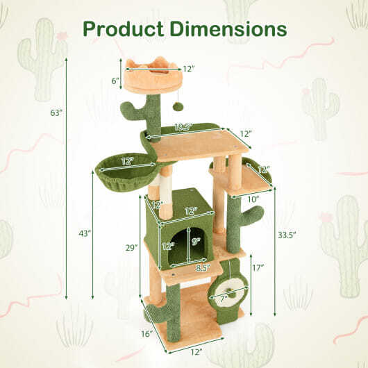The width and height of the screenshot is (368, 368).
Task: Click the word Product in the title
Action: (123, 29)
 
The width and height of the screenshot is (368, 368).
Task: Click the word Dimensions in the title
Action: (228, 28)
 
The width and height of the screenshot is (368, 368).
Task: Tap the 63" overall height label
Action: (56, 113)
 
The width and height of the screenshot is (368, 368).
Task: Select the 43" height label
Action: (85, 233)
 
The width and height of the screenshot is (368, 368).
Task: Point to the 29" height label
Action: (131, 248)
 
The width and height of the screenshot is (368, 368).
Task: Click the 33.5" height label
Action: (287, 235)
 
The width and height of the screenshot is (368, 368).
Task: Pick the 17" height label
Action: (258, 267)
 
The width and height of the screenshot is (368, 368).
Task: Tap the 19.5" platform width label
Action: (184, 127)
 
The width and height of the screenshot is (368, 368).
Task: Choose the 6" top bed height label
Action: (115, 81)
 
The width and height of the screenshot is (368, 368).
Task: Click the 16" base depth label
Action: (147, 333)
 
